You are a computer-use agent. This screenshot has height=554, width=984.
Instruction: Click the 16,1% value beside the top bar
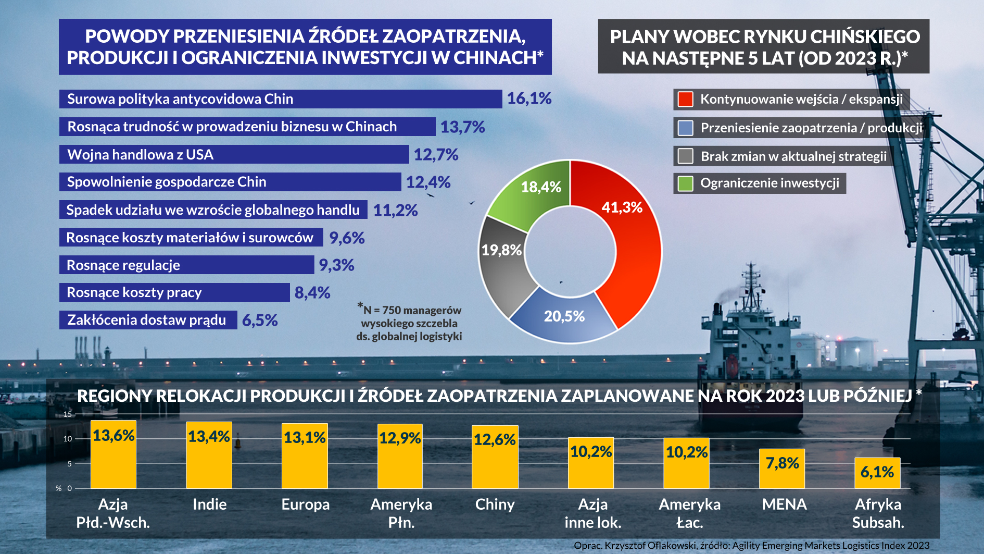[x=529, y=99]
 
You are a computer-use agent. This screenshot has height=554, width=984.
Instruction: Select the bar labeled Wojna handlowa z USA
[x=234, y=155]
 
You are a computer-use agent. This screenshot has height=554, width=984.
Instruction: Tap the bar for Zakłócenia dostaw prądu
[x=148, y=320]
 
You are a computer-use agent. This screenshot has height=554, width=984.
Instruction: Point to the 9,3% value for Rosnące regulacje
[x=336, y=265]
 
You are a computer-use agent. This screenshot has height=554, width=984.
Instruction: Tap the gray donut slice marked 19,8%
[x=501, y=261]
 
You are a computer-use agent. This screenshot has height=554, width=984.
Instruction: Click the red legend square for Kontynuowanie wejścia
[x=686, y=99]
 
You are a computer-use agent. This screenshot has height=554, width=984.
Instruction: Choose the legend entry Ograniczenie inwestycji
[x=769, y=183]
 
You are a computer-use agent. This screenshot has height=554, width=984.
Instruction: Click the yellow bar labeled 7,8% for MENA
[x=781, y=469]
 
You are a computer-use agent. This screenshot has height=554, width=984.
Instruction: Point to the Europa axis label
[x=306, y=504]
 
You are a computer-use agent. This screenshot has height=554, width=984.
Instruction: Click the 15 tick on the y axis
[x=68, y=414]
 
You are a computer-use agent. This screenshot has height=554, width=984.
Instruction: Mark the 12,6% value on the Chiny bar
[x=495, y=440]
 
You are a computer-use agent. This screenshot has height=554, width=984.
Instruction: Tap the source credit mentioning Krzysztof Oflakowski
[x=751, y=546]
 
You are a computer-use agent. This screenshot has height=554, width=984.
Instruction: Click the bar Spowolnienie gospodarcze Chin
[x=230, y=182]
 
